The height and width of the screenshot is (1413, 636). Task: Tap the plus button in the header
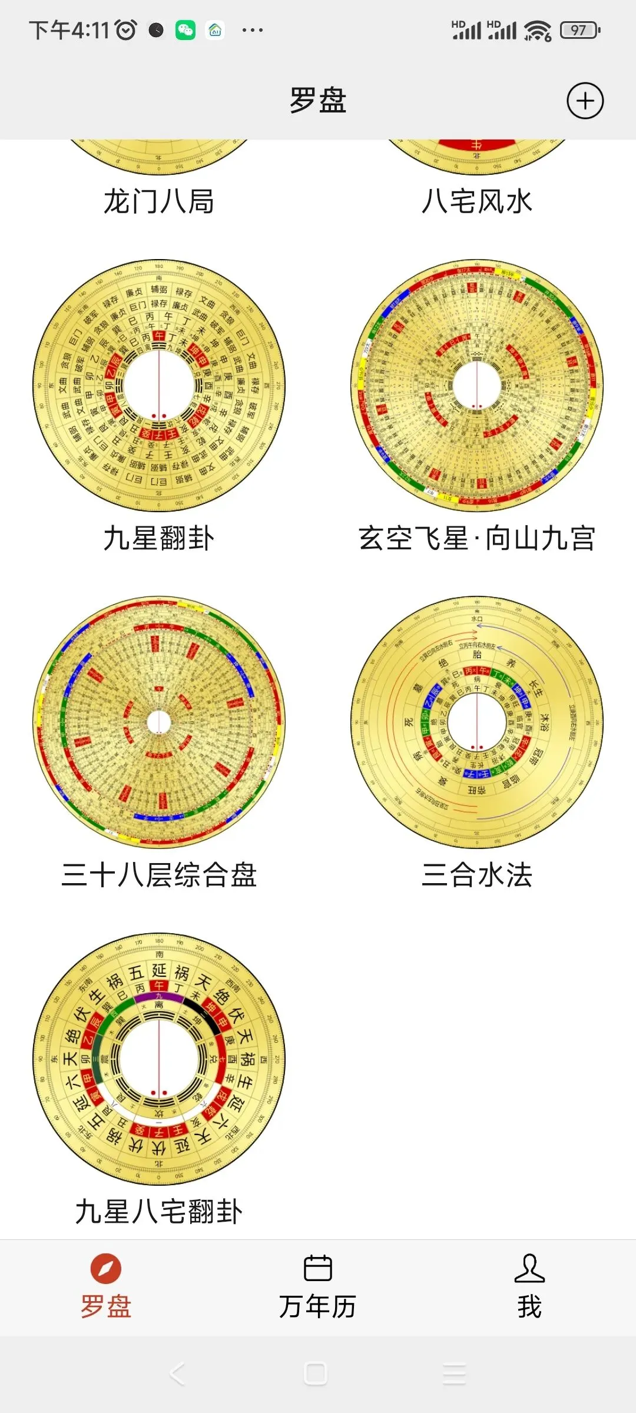[x=585, y=101]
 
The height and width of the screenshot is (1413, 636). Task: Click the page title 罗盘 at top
[x=318, y=100]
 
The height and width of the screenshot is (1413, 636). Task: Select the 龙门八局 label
[x=159, y=202]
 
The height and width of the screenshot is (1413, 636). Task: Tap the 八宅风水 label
[x=477, y=202]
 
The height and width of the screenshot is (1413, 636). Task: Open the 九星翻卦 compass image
[x=159, y=386]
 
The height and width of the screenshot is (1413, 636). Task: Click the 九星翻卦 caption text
[x=159, y=538]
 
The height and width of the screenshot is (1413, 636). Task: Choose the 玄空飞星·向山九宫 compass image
[x=477, y=386]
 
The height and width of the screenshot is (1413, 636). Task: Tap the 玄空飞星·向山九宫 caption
[x=477, y=538]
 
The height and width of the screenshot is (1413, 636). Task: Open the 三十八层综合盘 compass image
[x=159, y=722]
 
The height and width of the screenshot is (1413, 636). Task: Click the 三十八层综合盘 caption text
[x=159, y=875]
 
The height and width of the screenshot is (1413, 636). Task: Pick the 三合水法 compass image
[x=477, y=722]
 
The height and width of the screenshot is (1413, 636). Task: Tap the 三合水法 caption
[x=477, y=875]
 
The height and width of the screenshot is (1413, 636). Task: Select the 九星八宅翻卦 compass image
[x=159, y=1059]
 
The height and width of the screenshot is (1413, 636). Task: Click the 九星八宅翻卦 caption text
[x=159, y=1212]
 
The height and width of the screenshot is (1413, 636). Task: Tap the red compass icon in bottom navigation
[x=106, y=1269]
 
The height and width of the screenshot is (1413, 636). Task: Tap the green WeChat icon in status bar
[x=185, y=30]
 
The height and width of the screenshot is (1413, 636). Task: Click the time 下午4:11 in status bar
[x=69, y=30]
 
